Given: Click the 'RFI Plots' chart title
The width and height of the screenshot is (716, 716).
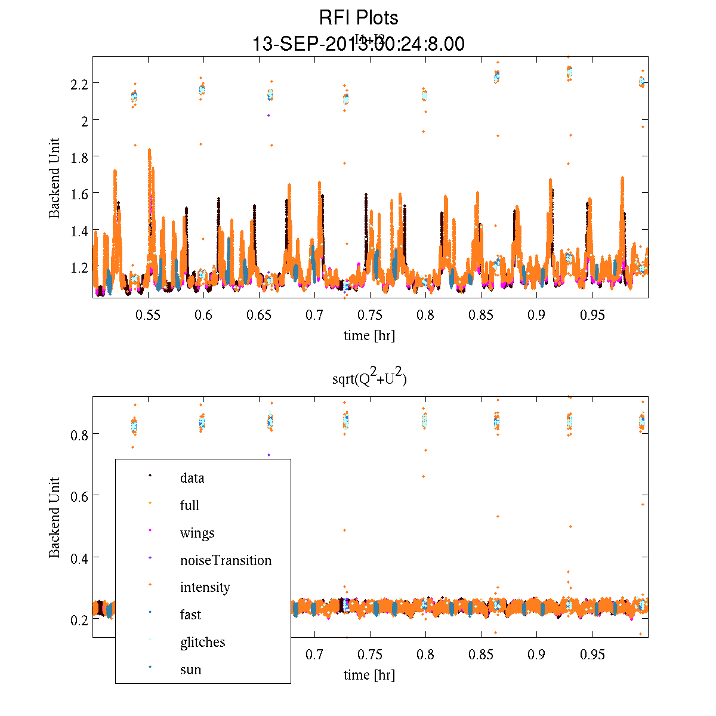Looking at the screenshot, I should pyautogui.click(x=358, y=17).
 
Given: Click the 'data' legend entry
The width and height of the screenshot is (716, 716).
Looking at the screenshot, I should pyautogui.click(x=192, y=478).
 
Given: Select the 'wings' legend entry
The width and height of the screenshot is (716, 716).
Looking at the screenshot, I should pyautogui.click(x=197, y=533).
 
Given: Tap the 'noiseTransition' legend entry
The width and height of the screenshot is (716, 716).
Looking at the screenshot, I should pyautogui.click(x=226, y=560).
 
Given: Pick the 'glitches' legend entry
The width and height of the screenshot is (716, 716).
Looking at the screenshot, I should pyautogui.click(x=202, y=642).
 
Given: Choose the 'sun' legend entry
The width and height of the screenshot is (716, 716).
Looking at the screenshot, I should pyautogui.click(x=190, y=669).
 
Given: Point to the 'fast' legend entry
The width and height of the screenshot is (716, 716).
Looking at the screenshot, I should pyautogui.click(x=190, y=615).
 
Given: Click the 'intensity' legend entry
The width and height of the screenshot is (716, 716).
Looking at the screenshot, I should pyautogui.click(x=205, y=587).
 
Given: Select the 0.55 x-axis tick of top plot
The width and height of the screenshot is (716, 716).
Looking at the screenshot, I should pyautogui.click(x=148, y=315).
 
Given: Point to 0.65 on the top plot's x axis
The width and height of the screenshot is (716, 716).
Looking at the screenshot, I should pyautogui.click(x=259, y=315).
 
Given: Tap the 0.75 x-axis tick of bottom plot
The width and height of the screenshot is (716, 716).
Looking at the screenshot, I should pyautogui.click(x=370, y=655).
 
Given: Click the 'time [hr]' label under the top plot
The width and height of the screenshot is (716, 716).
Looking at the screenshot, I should pyautogui.click(x=369, y=335).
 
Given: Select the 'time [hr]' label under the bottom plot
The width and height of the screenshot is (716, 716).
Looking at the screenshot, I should pyautogui.click(x=369, y=675).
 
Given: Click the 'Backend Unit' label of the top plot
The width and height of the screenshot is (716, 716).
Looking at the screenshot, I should pyautogui.click(x=54, y=178).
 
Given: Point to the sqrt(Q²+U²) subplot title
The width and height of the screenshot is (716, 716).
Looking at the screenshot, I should pyautogui.click(x=369, y=378).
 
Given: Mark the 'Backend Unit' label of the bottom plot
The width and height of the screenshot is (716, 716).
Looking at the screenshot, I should pyautogui.click(x=54, y=517).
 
